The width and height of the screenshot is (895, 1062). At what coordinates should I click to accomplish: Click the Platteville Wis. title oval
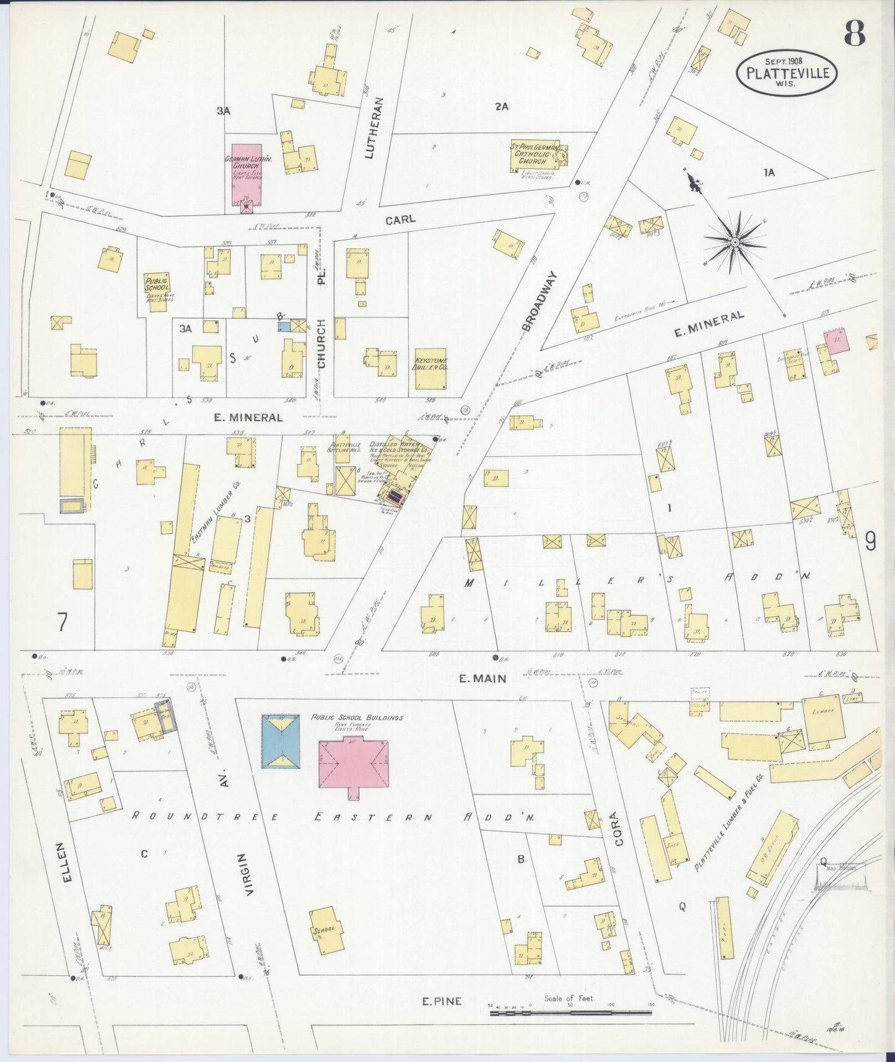point(787,72)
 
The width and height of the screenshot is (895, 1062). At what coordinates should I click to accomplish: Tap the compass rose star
point(735,242)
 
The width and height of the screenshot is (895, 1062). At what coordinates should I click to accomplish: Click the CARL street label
point(400,220)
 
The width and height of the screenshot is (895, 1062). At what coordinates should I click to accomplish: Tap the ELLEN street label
point(67,862)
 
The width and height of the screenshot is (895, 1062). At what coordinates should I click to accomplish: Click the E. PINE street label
point(442,1001)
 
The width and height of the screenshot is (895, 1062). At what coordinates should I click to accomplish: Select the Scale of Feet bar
point(570,1013)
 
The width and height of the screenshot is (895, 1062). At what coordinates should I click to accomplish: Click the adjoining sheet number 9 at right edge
point(870,542)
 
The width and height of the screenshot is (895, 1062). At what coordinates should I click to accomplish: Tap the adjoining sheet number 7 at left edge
point(62,621)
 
